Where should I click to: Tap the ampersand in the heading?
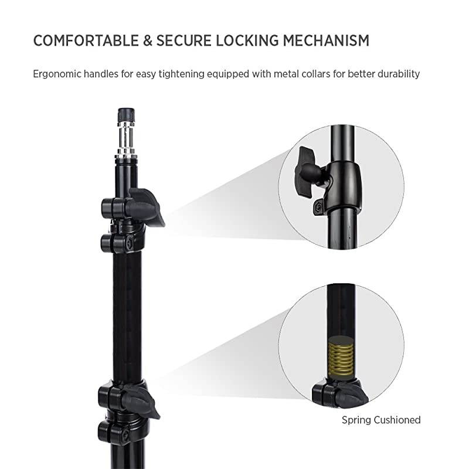pyautogui.click(x=141, y=40)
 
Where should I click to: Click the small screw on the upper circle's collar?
pyautogui.click(x=318, y=206)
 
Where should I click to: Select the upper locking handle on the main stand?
pyautogui.click(x=146, y=205)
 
